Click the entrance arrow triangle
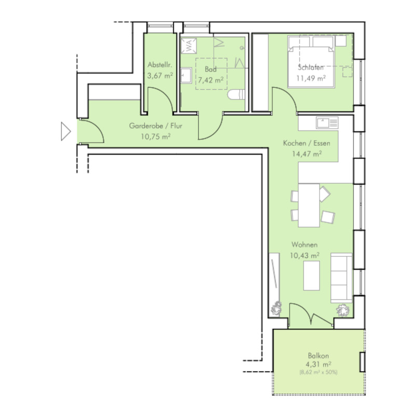[66, 131]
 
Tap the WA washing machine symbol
[189, 46]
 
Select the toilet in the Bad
[236, 95]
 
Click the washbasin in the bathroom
[186, 75]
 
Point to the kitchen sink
[327, 123]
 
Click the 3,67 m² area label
[160, 76]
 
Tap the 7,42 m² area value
[211, 80]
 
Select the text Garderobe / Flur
[156, 126]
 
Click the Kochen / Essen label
[307, 143]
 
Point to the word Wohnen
[305, 244]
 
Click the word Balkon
[319, 355]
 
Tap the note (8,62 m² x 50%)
[319, 372]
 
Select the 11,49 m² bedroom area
[311, 78]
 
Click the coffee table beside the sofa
[312, 275]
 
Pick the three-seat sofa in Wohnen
[341, 278]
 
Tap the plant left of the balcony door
[276, 308]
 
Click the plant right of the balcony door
[343, 310]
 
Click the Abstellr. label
[160, 65]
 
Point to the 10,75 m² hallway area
[156, 136]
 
